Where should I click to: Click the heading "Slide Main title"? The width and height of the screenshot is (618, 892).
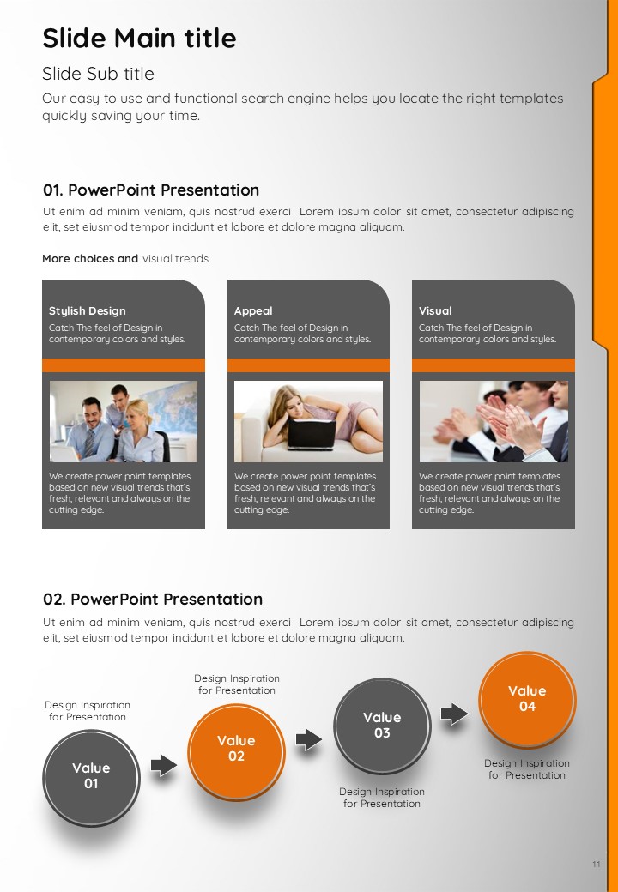[139, 39]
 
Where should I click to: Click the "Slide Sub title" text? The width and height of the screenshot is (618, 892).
[98, 74]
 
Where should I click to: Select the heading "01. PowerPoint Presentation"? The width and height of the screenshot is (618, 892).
[151, 190]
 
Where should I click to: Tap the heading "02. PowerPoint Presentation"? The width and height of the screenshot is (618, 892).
[153, 599]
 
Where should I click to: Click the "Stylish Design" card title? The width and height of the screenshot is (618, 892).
[87, 311]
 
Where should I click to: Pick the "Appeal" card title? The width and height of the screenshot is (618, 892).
[253, 311]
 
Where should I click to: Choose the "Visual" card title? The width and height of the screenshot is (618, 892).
[435, 311]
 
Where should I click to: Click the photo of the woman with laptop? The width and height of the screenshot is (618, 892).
[308, 421]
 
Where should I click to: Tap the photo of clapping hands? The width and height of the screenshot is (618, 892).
[494, 421]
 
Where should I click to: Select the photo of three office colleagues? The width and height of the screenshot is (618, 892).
[124, 421]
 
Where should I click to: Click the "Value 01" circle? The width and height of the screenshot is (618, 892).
[91, 778]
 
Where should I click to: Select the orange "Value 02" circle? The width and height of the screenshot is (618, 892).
[236, 751]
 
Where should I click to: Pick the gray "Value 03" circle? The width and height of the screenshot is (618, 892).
[382, 726]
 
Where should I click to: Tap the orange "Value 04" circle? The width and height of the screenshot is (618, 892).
[527, 699]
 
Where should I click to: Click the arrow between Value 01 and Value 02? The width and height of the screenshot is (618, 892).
[164, 766]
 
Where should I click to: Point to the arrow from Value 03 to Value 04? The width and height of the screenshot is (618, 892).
[454, 714]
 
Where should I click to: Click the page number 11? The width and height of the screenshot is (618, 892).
[596, 865]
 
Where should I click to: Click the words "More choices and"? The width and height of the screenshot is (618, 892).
[90, 259]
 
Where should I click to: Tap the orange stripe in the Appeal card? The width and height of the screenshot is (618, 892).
[308, 365]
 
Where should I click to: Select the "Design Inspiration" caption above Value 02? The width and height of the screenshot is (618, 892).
[237, 678]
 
